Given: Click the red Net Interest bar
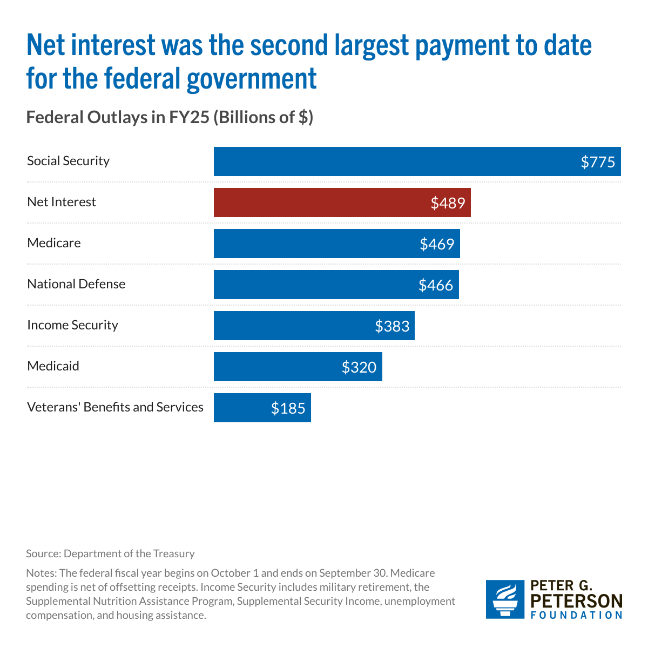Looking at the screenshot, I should coord(342,202).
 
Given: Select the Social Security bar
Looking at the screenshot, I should coord(417,161).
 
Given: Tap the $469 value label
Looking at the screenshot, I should coord(437,244).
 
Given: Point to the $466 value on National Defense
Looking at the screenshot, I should coord(436,285).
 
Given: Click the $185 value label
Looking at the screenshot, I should coord(288,408).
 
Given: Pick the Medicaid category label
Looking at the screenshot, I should coord(53,366).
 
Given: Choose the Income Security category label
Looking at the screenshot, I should coord(72,325).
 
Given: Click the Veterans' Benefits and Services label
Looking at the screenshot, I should coord(115,407).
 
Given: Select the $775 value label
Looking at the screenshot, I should coord(598,162).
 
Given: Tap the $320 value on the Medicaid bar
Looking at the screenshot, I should coord(359,367).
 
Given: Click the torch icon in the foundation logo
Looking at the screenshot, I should coord(505,599).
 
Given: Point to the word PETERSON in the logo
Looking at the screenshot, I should coord(576,601).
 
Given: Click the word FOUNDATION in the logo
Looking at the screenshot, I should coord(576,615).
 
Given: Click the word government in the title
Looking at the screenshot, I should coord(252,78).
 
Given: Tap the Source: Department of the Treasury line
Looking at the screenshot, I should coord(110,553).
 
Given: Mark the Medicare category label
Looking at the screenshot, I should coord(54,243).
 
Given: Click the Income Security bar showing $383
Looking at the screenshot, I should coord(314,326).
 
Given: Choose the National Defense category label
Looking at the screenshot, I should coord(76,284).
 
